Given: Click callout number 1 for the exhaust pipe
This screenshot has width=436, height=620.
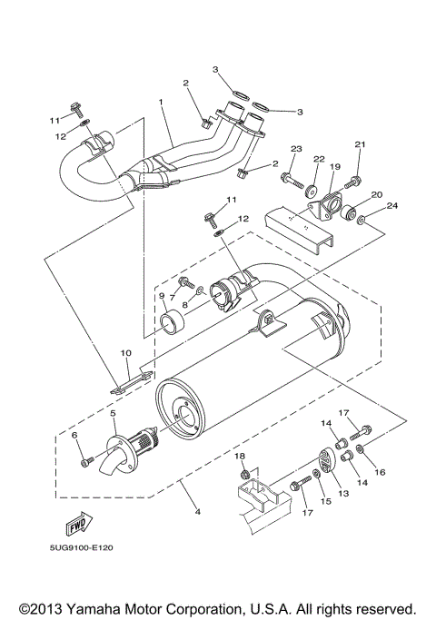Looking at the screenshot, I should click(160, 103).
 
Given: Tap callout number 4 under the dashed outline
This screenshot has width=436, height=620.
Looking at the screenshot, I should click(198, 511).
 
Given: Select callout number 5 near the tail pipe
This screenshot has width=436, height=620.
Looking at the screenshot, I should click(114, 413).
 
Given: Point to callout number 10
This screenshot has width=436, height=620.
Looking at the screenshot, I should click(125, 352).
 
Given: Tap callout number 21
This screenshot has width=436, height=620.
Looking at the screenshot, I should click(359, 144).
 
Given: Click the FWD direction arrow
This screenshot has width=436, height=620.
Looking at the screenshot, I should click(75, 526).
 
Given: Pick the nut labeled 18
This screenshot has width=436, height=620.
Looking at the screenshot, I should click(243, 472).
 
